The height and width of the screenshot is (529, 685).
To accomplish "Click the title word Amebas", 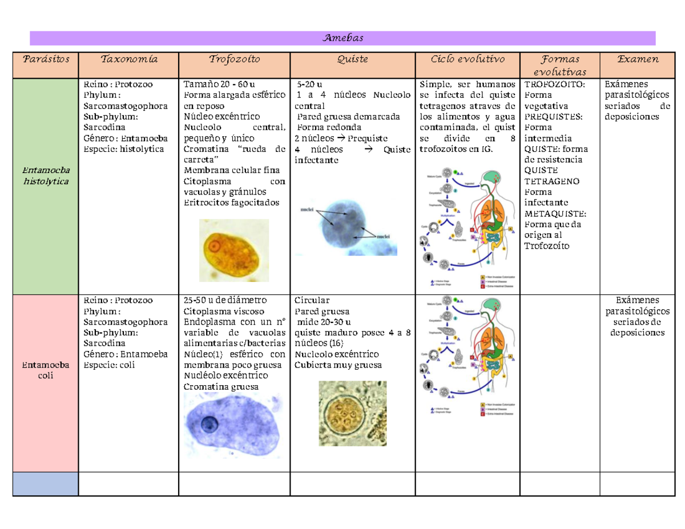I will pos(342,38).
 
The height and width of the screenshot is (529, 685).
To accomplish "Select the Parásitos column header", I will pos(45,59).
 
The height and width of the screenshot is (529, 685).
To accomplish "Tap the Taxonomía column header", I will pos(128,59).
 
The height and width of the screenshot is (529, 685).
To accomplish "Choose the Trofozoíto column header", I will pos(234,59).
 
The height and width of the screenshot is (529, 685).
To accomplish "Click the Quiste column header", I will pos(352,59).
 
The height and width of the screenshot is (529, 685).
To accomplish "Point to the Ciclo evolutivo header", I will pos(468,59).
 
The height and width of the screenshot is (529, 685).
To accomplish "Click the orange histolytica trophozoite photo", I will pos(233,252).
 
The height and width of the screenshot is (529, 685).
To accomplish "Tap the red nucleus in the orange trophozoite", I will pos(214,247).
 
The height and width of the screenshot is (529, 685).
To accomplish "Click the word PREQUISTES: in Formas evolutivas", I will pos(553,116).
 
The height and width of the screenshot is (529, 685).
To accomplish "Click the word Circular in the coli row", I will pos(311,300).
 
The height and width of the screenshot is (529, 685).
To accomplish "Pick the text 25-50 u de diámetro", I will pos(224,300).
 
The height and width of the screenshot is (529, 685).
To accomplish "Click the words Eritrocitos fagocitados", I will pos(232,202).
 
